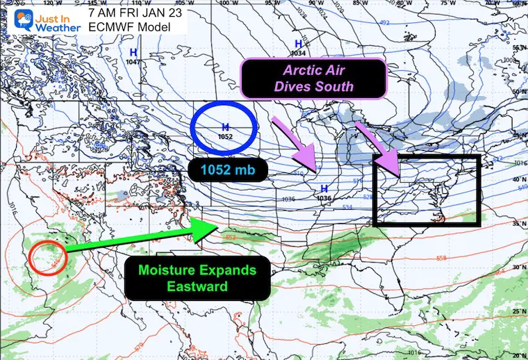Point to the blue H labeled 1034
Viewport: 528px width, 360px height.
(297, 44)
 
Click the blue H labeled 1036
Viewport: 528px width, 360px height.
(324, 188)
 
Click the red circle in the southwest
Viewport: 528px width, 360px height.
(47, 259)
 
